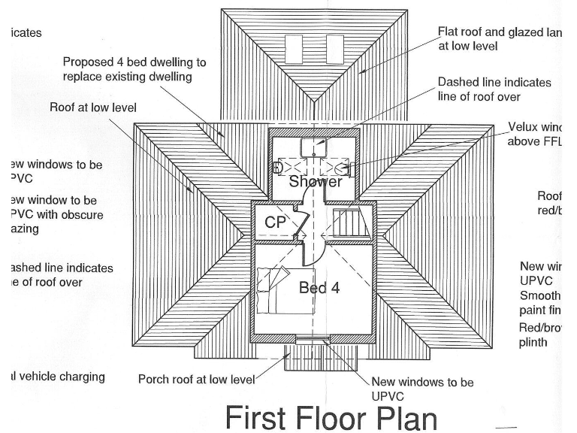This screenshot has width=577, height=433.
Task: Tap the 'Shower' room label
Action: coord(316,181)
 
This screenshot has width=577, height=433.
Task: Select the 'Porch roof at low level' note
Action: coord(196,379)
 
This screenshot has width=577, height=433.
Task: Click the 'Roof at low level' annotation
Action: coord(93,107)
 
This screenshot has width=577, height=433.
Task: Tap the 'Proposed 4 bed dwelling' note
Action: coord(134,69)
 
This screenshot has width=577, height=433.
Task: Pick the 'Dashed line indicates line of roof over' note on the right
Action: coord(494,89)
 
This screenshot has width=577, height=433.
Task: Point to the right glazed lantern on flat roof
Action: coord(335,50)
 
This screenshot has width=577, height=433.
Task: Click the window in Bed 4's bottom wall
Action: coord(312,341)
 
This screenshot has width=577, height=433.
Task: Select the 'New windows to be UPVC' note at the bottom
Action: coord(422,389)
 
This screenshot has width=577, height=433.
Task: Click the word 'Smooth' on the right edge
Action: coord(539,295)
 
